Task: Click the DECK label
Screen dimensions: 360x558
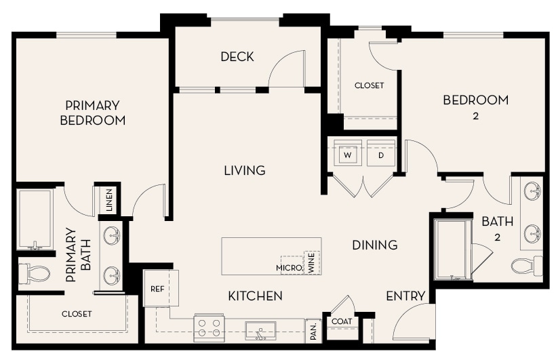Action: tap(237, 57)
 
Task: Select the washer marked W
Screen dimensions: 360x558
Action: tap(348, 155)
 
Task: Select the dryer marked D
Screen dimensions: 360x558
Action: tap(381, 155)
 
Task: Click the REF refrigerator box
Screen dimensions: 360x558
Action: tap(158, 288)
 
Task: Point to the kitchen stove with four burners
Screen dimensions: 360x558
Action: tap(209, 328)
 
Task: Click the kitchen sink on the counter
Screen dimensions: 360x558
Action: tap(260, 331)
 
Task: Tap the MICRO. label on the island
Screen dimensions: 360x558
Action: tap(289, 268)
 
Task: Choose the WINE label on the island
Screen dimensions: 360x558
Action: tap(312, 262)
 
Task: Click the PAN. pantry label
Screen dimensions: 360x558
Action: tap(314, 331)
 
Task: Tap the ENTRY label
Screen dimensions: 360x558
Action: tap(405, 296)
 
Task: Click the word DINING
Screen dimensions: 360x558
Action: tap(374, 245)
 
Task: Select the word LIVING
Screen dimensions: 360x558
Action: tap(244, 170)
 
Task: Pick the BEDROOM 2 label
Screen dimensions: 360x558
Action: tap(475, 106)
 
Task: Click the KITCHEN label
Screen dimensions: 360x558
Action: tap(255, 296)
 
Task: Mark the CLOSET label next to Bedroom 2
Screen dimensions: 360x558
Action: tap(369, 85)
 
